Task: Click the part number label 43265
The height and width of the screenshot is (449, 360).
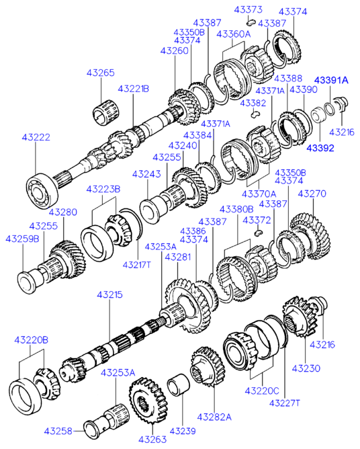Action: tap(101, 73)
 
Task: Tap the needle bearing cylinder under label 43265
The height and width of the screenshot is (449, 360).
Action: tap(105, 112)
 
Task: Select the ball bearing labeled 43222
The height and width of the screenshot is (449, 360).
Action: tap(42, 189)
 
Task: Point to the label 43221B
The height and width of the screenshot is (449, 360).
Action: tap(134, 89)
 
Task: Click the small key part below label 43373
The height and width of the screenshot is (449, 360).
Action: tap(251, 22)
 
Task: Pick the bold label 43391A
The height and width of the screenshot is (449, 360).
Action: tap(331, 80)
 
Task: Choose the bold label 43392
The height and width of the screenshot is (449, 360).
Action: tap(320, 148)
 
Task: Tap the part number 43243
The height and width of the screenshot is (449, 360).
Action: tap(146, 174)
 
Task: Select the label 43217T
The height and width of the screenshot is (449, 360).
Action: tap(136, 265)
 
